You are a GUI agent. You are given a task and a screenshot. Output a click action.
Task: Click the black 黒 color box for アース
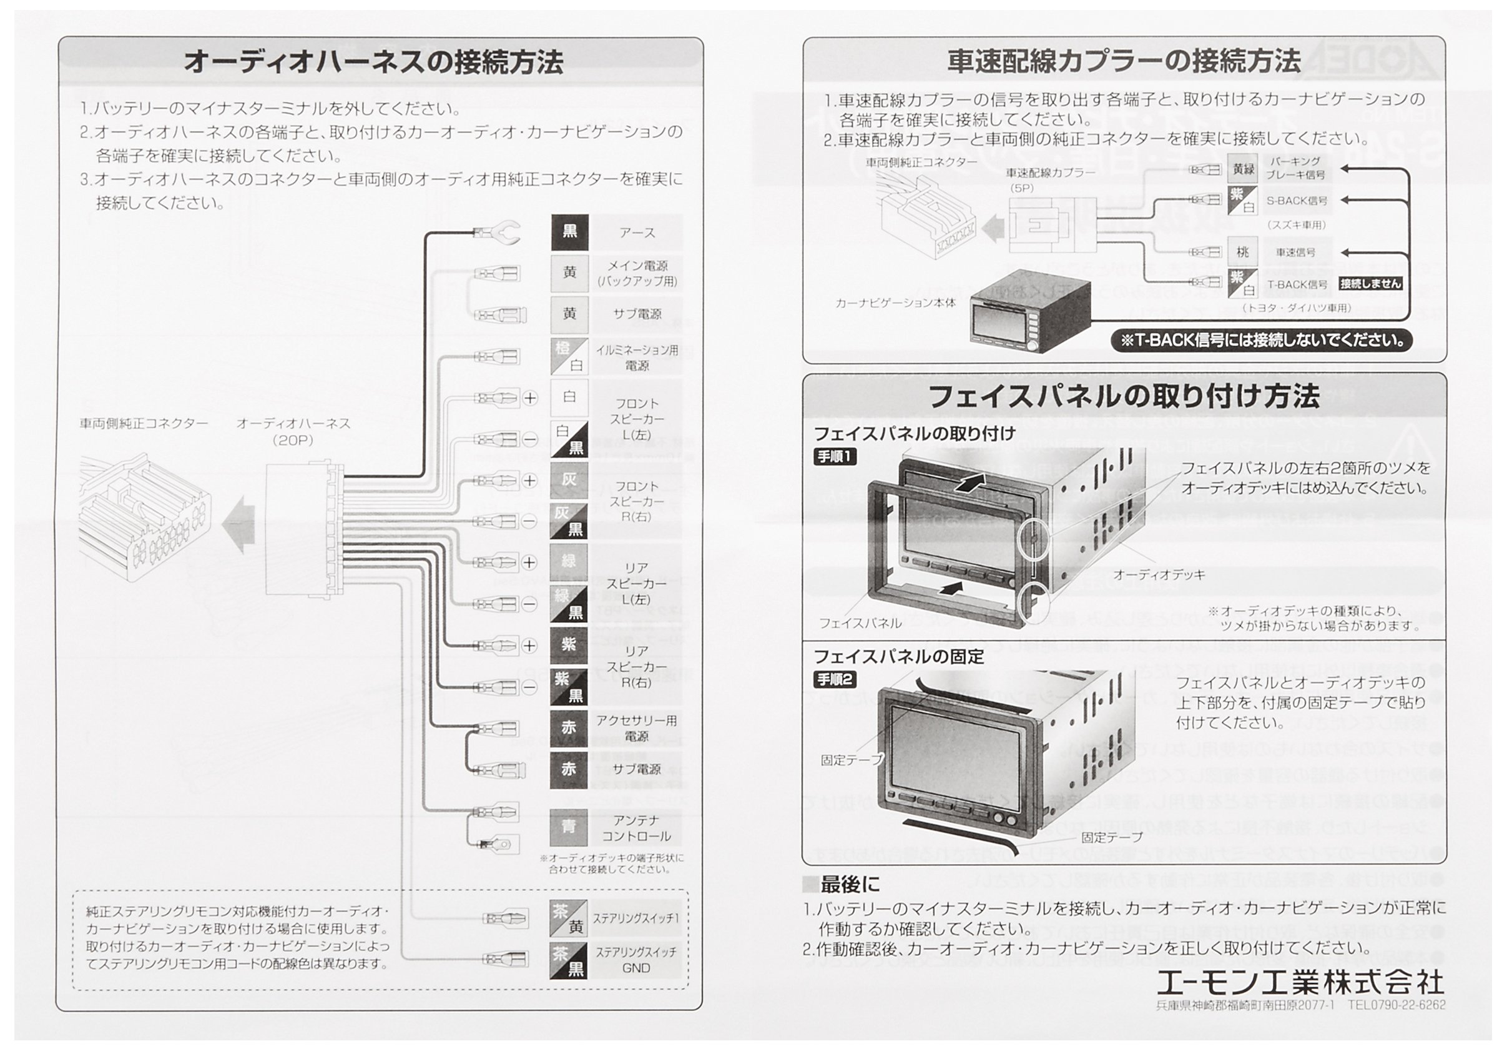click(569, 232)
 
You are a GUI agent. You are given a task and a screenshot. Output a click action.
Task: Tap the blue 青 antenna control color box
click(569, 828)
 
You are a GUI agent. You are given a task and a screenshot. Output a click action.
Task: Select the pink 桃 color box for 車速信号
click(1242, 252)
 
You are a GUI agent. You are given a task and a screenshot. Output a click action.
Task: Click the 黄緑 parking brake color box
click(1242, 169)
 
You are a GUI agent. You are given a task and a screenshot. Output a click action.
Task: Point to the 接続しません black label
click(1370, 284)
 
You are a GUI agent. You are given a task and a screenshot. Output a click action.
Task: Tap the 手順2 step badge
click(835, 679)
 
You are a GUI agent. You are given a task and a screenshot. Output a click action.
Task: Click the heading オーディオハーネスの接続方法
click(373, 62)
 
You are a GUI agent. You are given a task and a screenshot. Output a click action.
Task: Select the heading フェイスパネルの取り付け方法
click(1124, 397)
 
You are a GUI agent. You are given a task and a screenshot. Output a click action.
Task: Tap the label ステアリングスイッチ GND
click(636, 960)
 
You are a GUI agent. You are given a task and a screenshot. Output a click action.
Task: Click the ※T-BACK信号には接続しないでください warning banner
click(1262, 341)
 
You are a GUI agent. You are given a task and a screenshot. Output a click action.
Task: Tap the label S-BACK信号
click(1297, 201)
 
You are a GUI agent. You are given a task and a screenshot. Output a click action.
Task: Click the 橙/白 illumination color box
click(569, 357)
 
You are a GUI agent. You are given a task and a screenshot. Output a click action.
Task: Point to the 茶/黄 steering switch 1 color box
click(569, 919)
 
